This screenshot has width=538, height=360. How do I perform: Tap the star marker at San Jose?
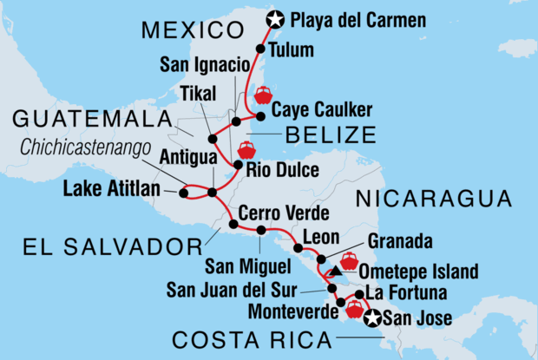373,319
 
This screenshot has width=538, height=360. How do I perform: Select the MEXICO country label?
194,32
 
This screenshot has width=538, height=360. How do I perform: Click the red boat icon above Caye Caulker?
262,95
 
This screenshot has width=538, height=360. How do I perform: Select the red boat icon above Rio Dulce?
246,148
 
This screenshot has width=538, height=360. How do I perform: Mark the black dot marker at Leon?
299,248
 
